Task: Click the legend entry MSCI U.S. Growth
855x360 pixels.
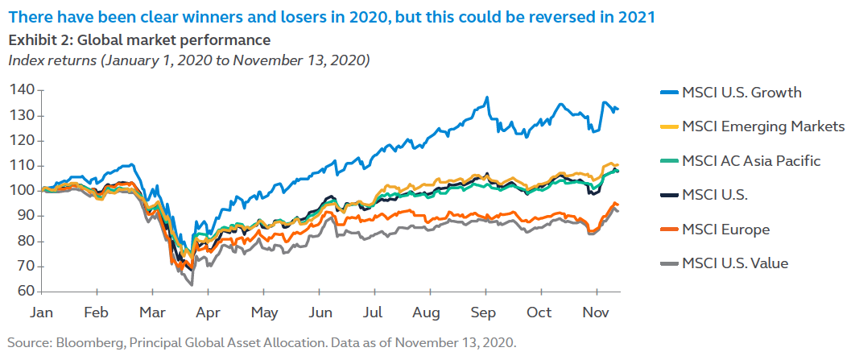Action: (741, 92)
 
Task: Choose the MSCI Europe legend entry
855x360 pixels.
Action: (725, 230)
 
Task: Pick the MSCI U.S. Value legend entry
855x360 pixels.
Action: (734, 263)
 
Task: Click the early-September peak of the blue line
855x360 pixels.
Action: (487, 98)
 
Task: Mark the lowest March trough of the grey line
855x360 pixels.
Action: (192, 284)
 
